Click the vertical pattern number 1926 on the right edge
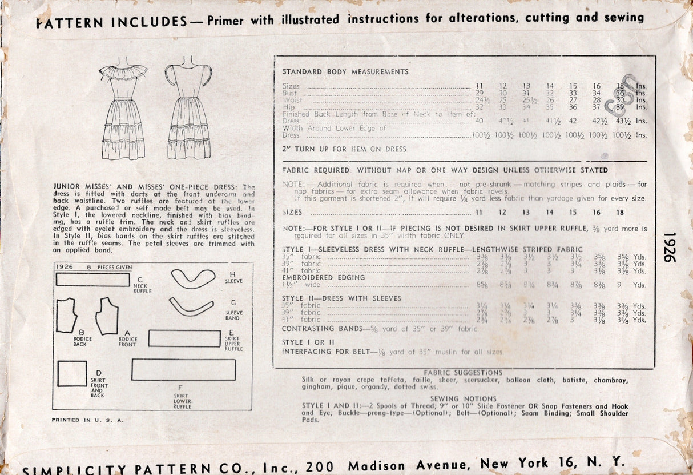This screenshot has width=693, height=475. click(x=670, y=247)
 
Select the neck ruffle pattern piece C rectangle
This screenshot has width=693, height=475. click(x=93, y=280)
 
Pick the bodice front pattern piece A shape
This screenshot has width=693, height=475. click(x=107, y=316)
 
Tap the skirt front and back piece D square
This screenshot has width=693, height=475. click(x=72, y=373)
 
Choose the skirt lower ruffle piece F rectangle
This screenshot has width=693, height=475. click(x=183, y=370)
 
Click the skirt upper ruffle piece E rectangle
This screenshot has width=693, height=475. click(x=184, y=338)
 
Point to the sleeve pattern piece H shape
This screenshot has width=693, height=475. click(x=192, y=279)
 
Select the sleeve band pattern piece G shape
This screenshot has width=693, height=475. click(x=191, y=307)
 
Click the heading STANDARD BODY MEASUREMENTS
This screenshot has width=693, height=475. click(x=345, y=72)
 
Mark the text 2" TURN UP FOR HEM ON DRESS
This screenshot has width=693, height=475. click(x=344, y=149)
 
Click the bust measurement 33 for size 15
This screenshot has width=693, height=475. click(x=573, y=93)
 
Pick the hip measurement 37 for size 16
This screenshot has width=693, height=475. click(x=596, y=107)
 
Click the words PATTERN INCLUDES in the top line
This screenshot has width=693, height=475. click(x=111, y=22)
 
